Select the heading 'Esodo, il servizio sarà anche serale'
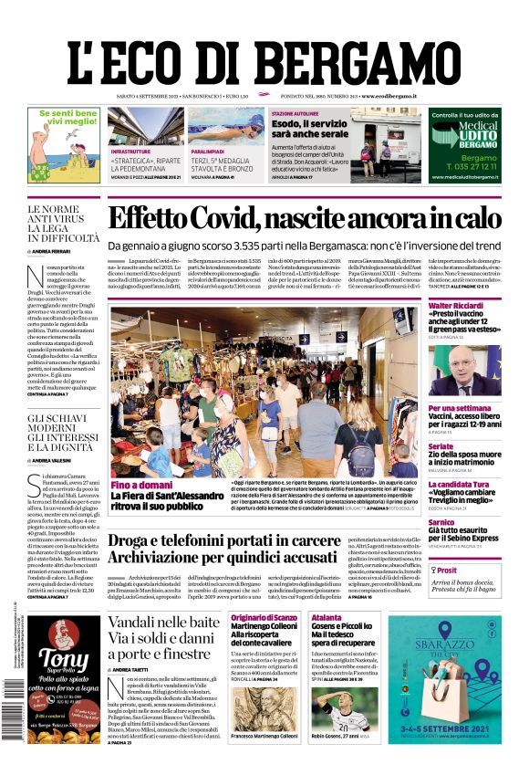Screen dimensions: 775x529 tap(296, 129)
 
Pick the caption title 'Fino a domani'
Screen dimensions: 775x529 tap(141, 486)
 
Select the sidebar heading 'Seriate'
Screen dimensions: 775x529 tap(441, 446)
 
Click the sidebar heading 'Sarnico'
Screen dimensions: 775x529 tap(442, 522)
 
